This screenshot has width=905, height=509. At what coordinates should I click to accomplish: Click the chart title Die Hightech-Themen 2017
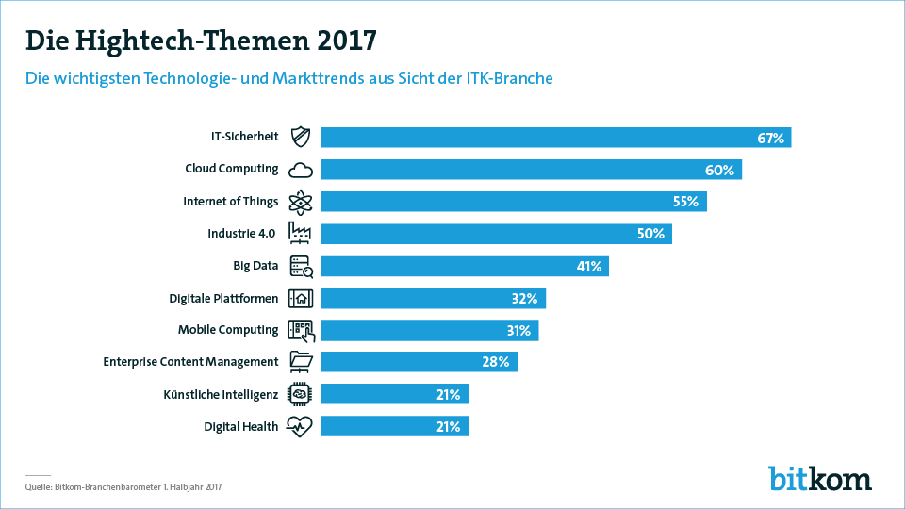[201, 41]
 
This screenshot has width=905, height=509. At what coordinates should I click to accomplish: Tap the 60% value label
[719, 171]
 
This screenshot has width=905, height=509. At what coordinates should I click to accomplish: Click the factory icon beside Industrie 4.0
[301, 234]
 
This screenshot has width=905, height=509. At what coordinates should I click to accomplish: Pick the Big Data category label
[255, 266]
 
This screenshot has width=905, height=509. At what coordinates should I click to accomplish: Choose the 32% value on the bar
[524, 299]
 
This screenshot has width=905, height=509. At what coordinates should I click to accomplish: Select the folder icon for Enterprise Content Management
[301, 362]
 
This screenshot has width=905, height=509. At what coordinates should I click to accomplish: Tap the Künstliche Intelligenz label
[221, 394]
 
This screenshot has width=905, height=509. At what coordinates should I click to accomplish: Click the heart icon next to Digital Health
[301, 426]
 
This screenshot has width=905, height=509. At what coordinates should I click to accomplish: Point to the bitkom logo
[819, 478]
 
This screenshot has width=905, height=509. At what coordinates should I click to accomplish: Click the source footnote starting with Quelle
[123, 487]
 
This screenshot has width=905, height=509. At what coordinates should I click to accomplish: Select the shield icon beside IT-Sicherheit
[301, 138]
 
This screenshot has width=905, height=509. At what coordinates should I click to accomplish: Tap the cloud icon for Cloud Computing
[301, 170]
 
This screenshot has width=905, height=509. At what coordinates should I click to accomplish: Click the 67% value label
[770, 139]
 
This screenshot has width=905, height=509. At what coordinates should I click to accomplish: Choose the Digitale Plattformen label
[223, 298]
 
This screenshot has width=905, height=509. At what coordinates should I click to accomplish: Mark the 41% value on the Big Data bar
[589, 267]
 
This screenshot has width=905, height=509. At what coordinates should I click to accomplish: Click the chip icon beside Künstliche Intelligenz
[301, 394]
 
